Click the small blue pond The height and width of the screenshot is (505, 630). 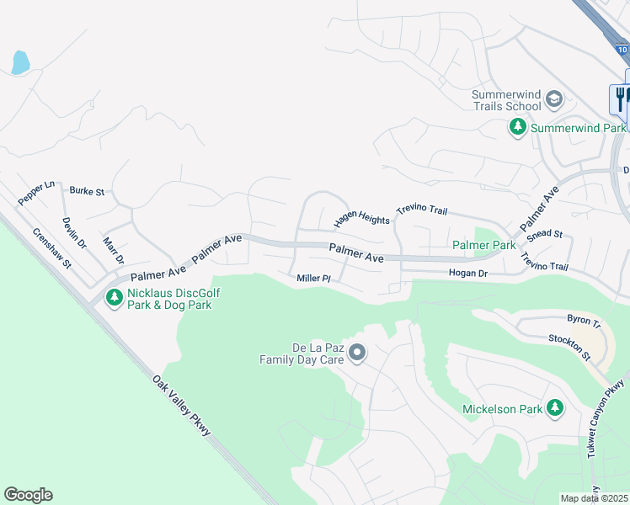click(20, 61)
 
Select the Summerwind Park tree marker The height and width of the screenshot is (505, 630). click(518, 128)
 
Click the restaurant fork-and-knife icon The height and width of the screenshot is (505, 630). click(620, 98)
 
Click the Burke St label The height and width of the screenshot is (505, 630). click(87, 192)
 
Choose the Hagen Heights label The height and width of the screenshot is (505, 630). click(362, 219)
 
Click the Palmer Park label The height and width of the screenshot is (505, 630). click(483, 245)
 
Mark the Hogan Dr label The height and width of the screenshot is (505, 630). click(468, 274)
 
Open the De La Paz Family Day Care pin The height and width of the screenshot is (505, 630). click(357, 352)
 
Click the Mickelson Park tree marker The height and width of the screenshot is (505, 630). click(554, 408)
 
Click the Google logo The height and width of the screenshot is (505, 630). click(28, 495)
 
